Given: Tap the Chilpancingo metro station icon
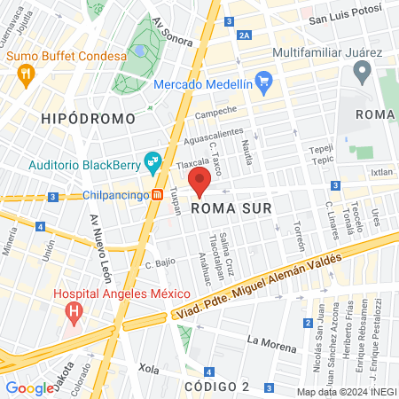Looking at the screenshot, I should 157,195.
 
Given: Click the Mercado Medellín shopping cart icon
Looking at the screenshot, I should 263,84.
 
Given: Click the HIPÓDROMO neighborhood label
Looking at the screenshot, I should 88,118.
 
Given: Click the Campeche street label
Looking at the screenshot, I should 215,113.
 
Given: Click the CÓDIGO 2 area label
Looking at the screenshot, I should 217,387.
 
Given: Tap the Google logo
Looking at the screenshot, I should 30,387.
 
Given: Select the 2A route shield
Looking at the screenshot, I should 244,35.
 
